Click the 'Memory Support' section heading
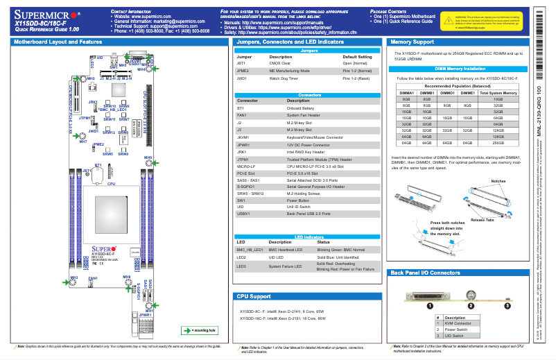[x=411, y=42]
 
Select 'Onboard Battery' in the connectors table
[x=301, y=108]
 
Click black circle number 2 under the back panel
[x=471, y=305]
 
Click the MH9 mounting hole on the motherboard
[x=148, y=159]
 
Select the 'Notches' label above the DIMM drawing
[x=498, y=179]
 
